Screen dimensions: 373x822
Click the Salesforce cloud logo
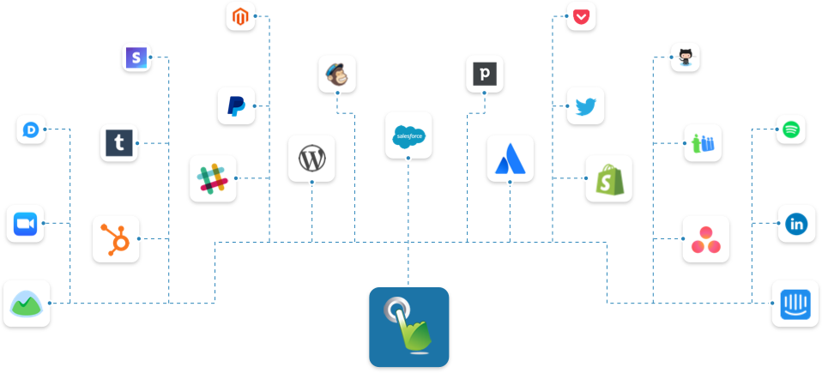[x=408, y=135]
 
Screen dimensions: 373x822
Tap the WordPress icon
[x=311, y=158]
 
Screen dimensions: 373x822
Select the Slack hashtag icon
[x=213, y=177]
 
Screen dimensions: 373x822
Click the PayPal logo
[x=236, y=105]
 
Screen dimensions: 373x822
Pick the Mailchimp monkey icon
[x=336, y=75]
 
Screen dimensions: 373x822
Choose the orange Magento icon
[x=241, y=15]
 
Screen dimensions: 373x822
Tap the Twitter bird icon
[x=585, y=105]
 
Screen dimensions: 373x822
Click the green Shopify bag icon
[x=608, y=178]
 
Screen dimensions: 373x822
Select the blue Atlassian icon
[x=510, y=158]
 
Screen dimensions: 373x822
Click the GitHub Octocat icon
[x=685, y=57]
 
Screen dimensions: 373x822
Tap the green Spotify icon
[x=791, y=129]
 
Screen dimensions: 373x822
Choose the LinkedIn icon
[x=796, y=223]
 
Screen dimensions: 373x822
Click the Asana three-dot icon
[x=705, y=238]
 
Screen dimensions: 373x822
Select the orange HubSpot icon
[x=116, y=238]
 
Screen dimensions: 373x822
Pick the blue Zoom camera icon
[x=24, y=224]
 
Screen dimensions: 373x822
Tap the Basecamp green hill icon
[x=27, y=304]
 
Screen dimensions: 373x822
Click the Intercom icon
[x=794, y=303]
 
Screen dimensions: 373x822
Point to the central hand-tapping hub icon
[x=409, y=328]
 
